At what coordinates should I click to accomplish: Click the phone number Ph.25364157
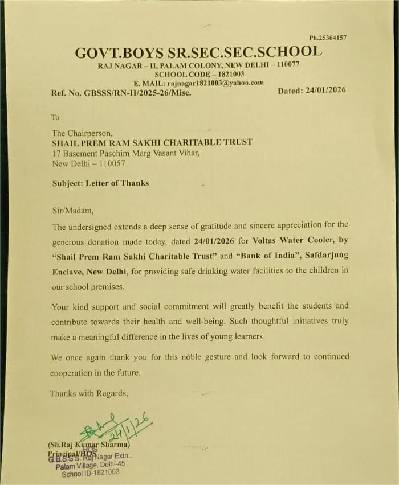328,38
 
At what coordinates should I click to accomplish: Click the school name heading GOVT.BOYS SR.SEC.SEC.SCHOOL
198,52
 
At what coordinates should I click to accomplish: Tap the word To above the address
55,118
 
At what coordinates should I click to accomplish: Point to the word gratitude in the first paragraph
209,225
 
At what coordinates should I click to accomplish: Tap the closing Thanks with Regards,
89,393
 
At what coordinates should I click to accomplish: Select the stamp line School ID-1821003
91,472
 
